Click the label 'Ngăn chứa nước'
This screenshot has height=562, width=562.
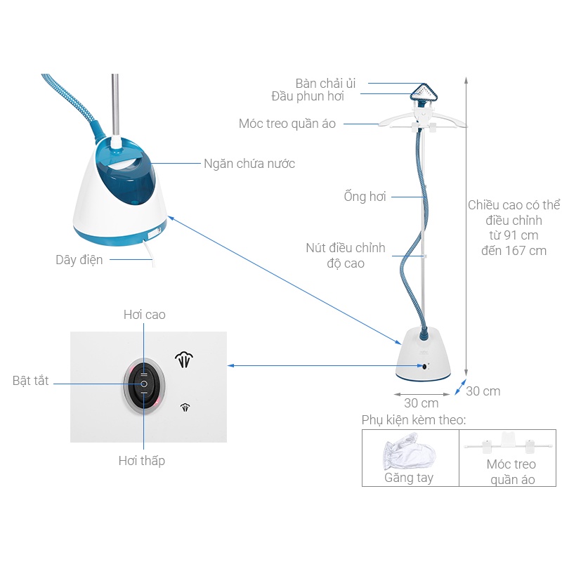pyautogui.click(x=249, y=164)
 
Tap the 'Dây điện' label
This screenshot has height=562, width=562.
pyautogui.click(x=79, y=259)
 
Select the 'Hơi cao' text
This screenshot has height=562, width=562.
pyautogui.click(x=145, y=314)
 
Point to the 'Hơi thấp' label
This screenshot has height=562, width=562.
pyautogui.click(x=142, y=461)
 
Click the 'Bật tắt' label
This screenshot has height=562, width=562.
pyautogui.click(x=30, y=380)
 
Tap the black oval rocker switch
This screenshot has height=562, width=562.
pyautogui.click(x=144, y=384)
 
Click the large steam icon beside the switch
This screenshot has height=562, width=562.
pyautogui.click(x=184, y=360)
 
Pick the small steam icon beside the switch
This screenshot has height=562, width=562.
pyautogui.click(x=185, y=407)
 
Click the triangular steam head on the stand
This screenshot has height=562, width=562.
pyautogui.click(x=424, y=92)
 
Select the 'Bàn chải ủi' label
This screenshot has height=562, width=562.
pyautogui.click(x=325, y=84)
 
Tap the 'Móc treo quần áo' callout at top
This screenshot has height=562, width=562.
pyautogui.click(x=287, y=124)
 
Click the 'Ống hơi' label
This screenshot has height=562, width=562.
pyautogui.click(x=365, y=197)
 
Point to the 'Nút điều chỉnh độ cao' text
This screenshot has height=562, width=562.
pyautogui.click(x=346, y=255)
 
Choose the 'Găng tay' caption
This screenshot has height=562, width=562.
pyautogui.click(x=409, y=478)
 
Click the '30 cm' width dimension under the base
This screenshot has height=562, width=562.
pyautogui.click(x=421, y=403)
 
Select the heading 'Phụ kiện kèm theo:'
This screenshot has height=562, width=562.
pyautogui.click(x=414, y=419)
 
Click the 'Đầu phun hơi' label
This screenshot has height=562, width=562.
pyautogui.click(x=308, y=96)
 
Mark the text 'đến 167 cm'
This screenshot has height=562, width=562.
pyautogui.click(x=514, y=251)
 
